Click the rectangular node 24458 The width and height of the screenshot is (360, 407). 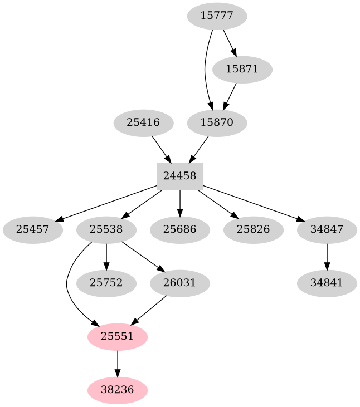point(180,176)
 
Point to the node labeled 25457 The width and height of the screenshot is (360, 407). point(32,229)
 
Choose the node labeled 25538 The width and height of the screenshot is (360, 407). point(106,229)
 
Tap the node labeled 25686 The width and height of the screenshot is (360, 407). point(180,229)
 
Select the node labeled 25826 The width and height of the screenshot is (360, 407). point(254,229)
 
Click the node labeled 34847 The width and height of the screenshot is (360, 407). point(327,229)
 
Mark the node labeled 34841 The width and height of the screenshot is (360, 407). point(327,283)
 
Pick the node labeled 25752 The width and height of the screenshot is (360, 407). point(106,283)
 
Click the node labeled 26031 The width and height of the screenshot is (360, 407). point(180,283)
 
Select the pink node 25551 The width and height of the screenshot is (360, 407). point(118,337)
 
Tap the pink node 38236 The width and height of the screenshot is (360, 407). point(118,390)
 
